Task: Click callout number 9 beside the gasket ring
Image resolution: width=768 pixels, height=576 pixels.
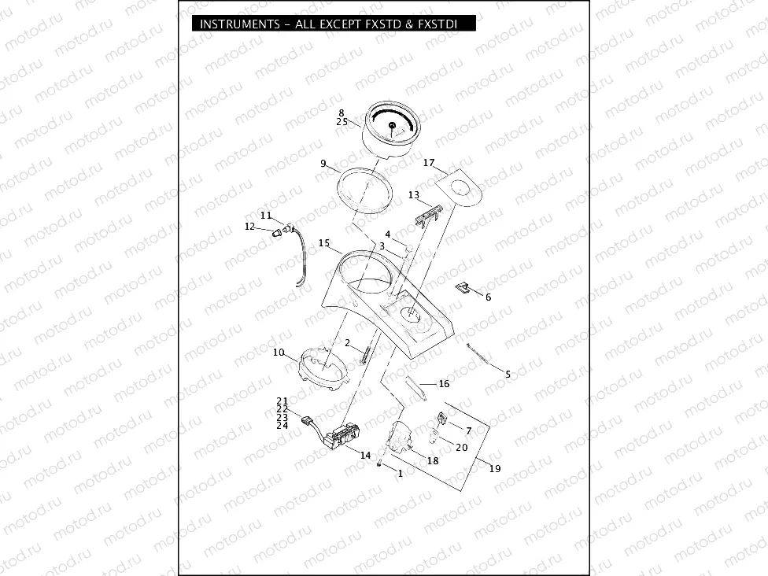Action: click(323, 163)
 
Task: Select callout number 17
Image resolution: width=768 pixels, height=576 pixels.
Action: click(429, 163)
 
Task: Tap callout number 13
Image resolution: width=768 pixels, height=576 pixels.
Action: click(413, 194)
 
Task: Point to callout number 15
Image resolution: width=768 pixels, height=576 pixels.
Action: click(323, 243)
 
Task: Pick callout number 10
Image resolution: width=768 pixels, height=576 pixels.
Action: click(279, 353)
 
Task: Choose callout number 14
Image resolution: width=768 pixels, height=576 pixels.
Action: click(364, 456)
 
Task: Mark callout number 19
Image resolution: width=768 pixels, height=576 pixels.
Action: click(494, 469)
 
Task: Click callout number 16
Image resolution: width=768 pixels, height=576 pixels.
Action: click(444, 384)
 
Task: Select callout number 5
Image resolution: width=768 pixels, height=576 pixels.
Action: click(508, 375)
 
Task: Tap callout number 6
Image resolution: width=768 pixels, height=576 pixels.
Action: click(488, 297)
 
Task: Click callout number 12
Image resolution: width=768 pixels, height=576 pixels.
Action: click(249, 227)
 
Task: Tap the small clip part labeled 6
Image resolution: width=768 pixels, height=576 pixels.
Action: click(464, 286)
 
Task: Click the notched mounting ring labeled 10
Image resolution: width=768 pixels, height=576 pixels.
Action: click(323, 368)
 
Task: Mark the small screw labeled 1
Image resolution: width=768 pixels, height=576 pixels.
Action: click(379, 463)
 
